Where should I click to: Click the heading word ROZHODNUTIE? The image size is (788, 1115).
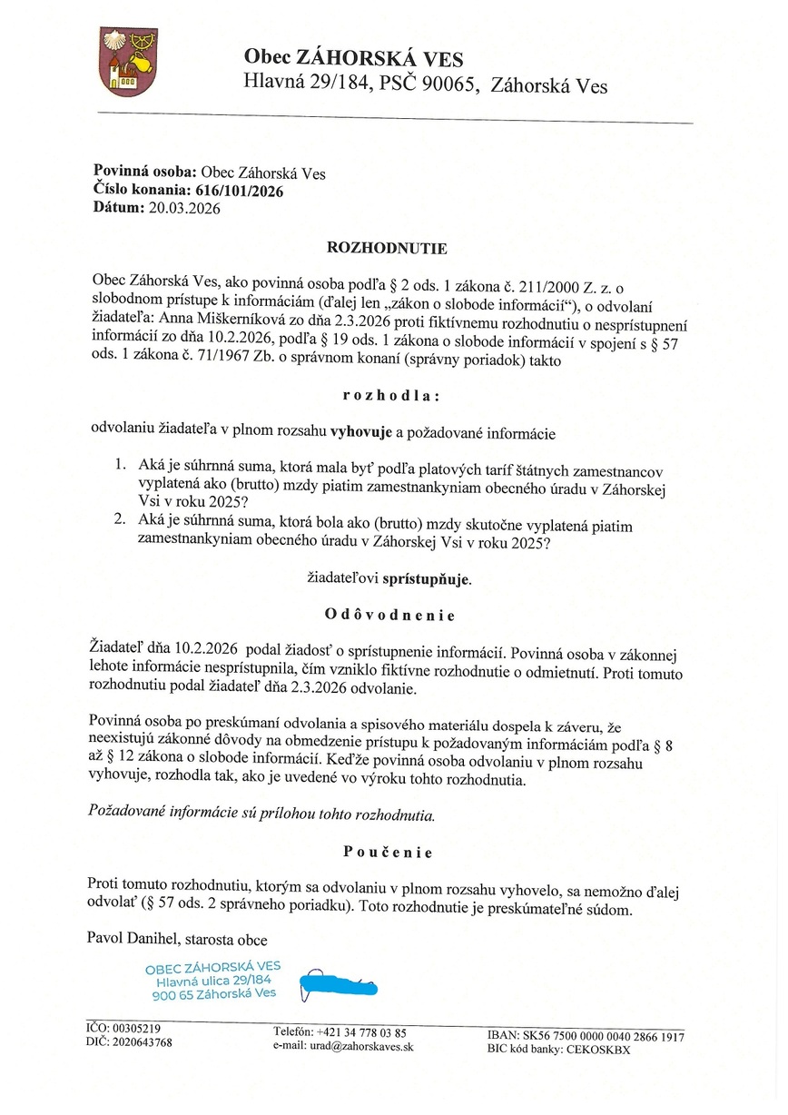(x=387, y=247)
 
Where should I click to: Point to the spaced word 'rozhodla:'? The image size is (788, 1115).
(x=391, y=396)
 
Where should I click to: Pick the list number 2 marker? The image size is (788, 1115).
(x=119, y=522)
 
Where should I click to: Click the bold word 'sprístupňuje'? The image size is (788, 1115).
(x=426, y=577)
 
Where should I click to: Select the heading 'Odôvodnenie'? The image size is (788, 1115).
(x=389, y=615)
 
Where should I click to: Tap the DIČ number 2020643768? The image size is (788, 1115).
(x=142, y=1042)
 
